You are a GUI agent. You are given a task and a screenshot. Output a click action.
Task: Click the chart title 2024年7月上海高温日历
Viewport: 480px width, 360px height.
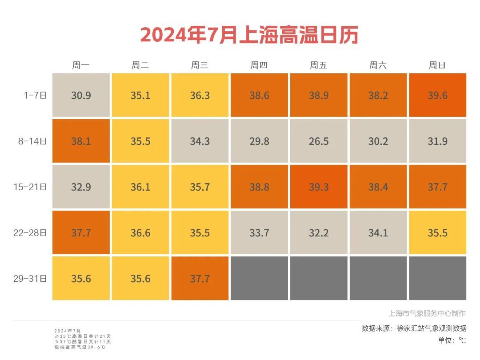pos(249,35)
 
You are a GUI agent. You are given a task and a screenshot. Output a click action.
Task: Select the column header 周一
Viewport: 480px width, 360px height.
pos(81,65)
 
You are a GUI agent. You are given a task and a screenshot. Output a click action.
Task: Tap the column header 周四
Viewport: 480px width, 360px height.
pos(259,65)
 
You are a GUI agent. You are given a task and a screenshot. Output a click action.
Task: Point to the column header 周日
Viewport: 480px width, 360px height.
pos(437,65)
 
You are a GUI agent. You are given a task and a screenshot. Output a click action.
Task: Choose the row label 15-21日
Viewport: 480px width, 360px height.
pos(30,187)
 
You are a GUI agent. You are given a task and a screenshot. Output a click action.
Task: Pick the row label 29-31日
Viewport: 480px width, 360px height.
pos(30,279)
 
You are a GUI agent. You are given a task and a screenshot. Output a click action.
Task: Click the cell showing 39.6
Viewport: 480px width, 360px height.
pos(437,96)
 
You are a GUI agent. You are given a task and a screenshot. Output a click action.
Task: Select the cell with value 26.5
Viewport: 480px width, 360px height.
pos(319,141)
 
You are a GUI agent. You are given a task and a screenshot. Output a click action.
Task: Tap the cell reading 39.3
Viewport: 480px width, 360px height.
pos(319,187)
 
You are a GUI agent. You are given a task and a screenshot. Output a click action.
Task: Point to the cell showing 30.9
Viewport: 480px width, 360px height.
pos(81,96)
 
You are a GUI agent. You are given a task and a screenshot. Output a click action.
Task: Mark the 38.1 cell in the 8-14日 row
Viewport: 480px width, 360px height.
pos(81,141)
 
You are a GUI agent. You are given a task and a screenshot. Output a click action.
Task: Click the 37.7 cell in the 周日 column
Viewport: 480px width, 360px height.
pos(437,187)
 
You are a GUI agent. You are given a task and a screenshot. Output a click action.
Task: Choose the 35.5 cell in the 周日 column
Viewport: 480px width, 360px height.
pos(437,233)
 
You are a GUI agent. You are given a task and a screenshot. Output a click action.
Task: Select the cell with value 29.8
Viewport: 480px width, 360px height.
pos(259,141)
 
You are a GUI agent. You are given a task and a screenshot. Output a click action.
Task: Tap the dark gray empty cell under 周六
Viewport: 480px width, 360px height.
pos(378,278)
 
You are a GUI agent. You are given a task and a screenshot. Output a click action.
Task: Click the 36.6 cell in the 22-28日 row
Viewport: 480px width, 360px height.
pos(140,233)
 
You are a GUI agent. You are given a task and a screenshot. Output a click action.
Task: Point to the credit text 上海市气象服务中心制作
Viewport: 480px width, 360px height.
pos(427,313)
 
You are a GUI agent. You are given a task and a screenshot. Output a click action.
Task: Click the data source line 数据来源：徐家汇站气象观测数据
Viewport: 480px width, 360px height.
pos(414,328)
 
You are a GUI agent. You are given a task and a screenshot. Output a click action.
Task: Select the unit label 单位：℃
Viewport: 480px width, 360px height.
pos(452,340)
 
